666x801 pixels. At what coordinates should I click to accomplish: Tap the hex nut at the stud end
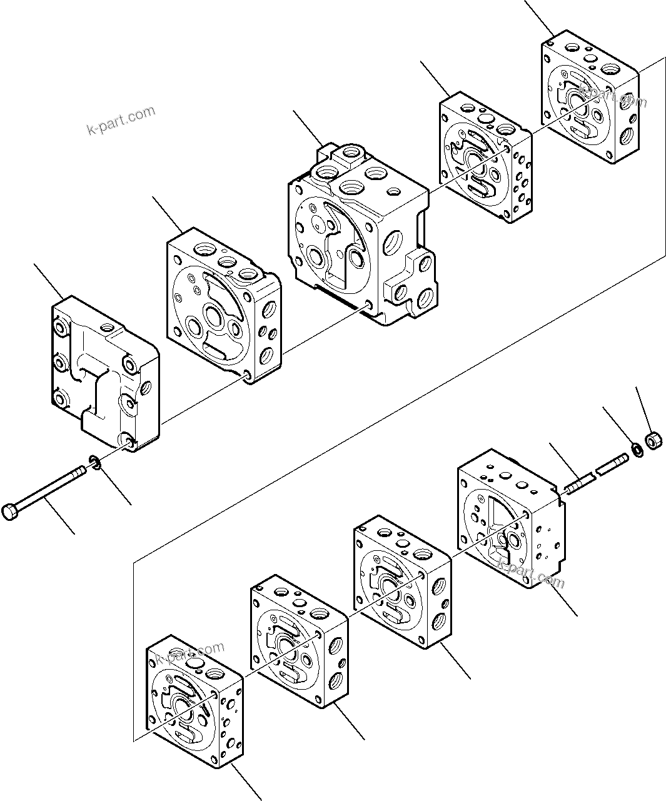pos(652,442)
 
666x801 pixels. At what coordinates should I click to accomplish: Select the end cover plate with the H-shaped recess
pos(103,372)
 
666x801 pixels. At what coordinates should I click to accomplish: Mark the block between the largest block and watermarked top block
pos(485,156)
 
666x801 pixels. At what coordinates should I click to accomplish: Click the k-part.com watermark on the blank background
pos(121,121)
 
